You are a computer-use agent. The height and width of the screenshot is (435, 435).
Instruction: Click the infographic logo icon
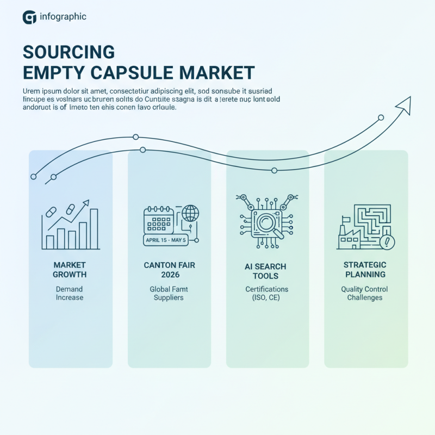(29, 17)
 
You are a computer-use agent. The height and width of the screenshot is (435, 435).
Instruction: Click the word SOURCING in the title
(69, 52)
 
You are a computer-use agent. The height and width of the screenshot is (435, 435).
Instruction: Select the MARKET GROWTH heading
(70, 269)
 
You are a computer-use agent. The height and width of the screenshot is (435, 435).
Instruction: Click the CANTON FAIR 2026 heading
(169, 270)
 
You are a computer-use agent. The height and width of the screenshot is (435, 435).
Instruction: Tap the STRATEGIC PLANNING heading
(365, 269)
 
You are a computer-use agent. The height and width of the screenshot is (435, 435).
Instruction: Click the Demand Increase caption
(70, 294)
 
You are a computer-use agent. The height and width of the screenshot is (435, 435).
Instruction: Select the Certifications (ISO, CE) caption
(266, 294)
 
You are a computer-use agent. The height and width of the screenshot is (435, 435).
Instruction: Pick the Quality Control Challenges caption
(365, 294)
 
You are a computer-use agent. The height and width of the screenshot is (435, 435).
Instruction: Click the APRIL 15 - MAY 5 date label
(165, 240)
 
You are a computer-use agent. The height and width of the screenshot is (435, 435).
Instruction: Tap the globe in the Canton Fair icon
(190, 213)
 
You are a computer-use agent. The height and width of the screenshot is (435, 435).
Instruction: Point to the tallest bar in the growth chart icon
(94, 229)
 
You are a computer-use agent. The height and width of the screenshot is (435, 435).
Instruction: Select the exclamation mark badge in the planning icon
(388, 241)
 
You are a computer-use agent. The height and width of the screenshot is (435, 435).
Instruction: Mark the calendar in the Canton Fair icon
(157, 221)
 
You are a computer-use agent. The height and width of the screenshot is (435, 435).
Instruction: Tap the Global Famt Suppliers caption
(169, 294)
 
